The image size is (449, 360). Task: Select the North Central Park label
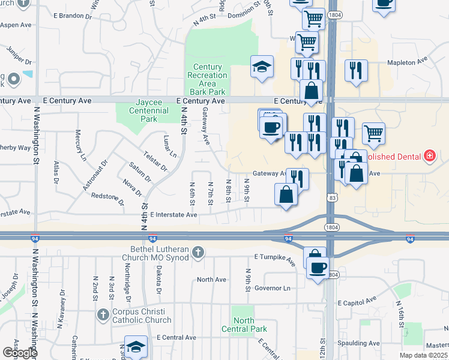click(244, 325)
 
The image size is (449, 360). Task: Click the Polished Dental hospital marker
click(429, 157)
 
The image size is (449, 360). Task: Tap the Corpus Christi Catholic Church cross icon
click(103, 314)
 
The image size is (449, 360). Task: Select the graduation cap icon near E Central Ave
click(136, 347)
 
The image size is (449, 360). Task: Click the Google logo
click(20, 352)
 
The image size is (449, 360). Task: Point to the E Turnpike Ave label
click(275, 259)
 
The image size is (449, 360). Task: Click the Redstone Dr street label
click(107, 200)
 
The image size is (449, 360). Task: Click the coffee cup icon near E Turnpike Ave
click(317, 266)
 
